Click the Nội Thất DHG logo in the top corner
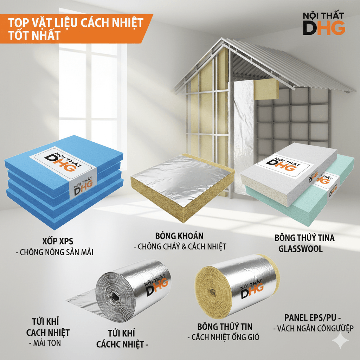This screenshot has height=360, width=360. pos(324,24)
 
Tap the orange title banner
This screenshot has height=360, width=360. pos(76,29)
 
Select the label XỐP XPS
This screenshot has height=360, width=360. pos(58,241)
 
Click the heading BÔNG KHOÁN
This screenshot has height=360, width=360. pos(179,236)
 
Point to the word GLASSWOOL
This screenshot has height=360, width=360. pos(301,249)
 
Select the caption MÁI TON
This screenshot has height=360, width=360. pos(47,343)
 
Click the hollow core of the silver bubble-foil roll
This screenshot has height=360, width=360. pos(114,297)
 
